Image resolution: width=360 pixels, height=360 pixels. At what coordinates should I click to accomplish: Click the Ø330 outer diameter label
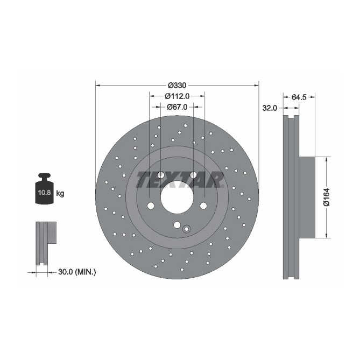(177, 85)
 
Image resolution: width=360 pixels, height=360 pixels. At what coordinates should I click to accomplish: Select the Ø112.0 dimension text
(177, 96)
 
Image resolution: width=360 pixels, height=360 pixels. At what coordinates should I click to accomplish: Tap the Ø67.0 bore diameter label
(177, 107)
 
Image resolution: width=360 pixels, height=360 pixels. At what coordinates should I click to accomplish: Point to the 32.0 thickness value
(269, 108)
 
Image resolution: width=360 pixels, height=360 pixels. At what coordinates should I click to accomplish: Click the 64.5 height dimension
(299, 97)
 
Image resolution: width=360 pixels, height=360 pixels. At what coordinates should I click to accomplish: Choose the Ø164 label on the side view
(326, 197)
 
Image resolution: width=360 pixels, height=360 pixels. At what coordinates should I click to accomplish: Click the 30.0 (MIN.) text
(76, 272)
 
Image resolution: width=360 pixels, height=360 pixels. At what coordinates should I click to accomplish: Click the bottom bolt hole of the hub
(177, 226)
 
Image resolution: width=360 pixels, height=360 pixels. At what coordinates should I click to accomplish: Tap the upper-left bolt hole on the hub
(160, 174)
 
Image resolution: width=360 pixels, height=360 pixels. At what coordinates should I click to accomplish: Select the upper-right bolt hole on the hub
(193, 174)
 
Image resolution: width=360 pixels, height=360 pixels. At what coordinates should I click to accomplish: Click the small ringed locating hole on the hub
(186, 229)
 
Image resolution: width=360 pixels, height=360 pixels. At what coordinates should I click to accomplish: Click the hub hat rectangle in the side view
(305, 197)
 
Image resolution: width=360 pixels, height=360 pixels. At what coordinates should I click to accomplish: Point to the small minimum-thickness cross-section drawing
(45, 242)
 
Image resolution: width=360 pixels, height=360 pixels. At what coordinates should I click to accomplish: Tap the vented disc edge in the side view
(291, 197)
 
